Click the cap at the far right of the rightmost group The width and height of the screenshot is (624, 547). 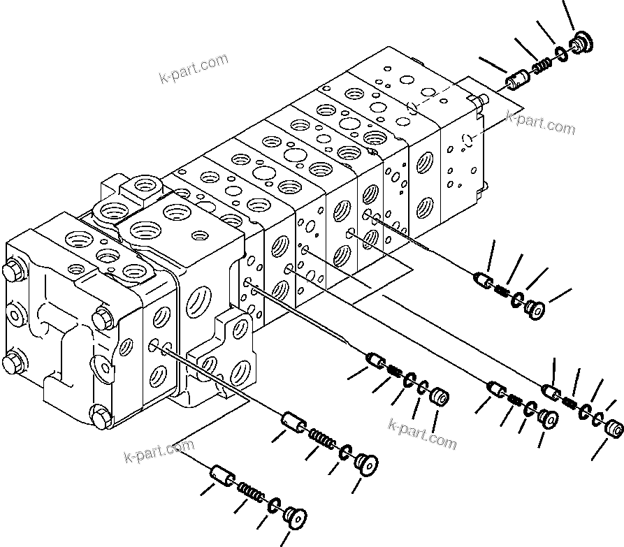[x=614, y=428]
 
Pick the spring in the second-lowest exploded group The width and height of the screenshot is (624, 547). [x=321, y=442]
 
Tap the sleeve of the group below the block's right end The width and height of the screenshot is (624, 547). [x=484, y=281]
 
